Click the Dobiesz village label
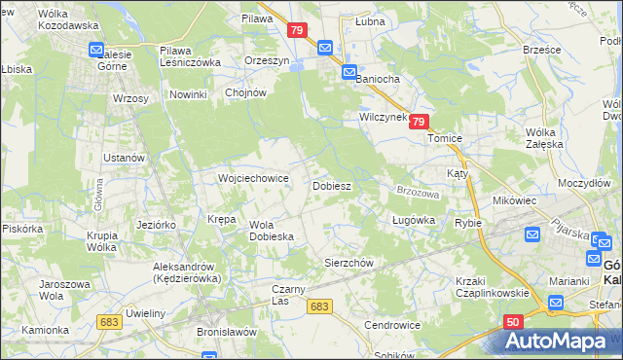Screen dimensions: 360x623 (x=331, y=185)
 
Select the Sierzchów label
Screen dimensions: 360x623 (x=348, y=263)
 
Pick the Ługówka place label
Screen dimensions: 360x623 (x=412, y=221)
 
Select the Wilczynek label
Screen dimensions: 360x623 (x=381, y=117)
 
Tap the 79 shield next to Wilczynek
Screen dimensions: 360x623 (x=418, y=122)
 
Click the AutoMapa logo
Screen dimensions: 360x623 (x=558, y=342)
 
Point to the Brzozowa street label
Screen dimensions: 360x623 (x=420, y=194)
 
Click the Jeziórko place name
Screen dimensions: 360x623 (x=156, y=225)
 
